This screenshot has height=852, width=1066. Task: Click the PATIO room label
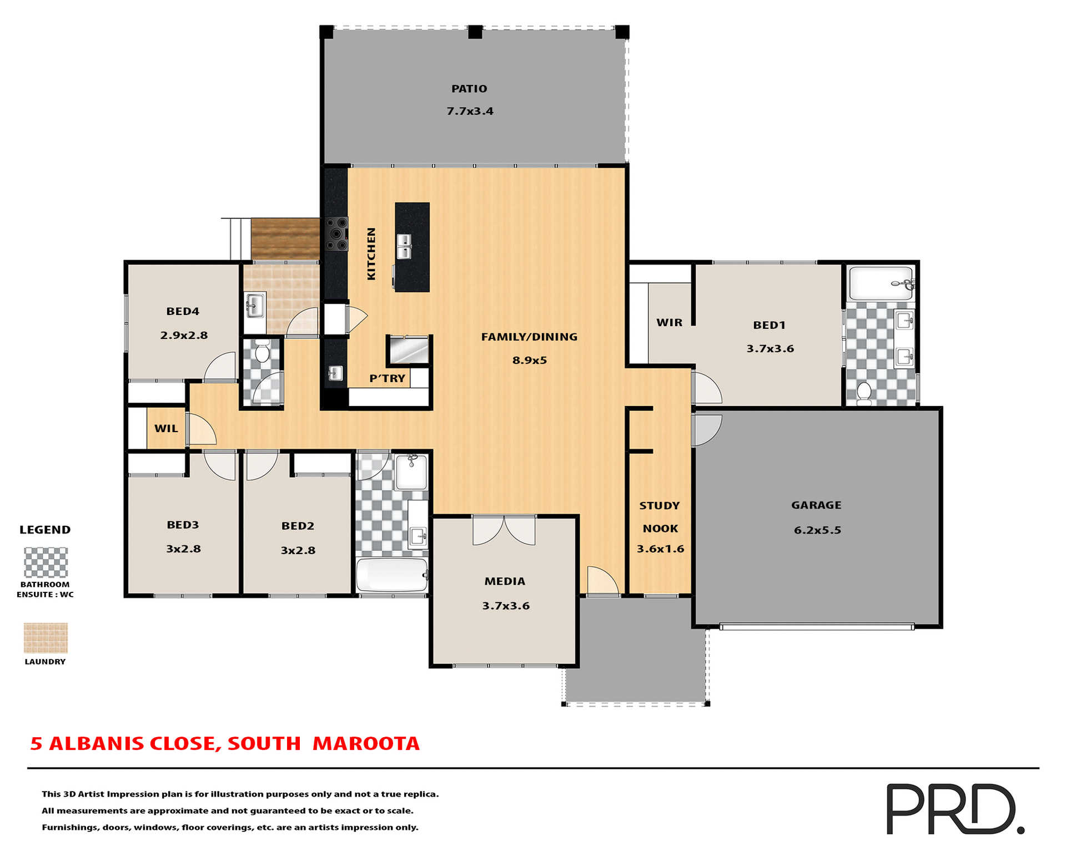[x=469, y=89]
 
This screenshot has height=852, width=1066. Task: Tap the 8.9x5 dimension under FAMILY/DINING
[x=529, y=361]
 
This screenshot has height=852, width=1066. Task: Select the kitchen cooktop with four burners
[x=336, y=234]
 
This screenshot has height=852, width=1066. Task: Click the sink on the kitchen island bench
[x=404, y=246]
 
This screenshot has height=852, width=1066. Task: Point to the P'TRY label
[x=387, y=378]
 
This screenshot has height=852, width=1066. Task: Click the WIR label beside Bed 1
[x=669, y=323]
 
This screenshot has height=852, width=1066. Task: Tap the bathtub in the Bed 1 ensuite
[x=880, y=283]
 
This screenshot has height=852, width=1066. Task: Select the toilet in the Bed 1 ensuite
[x=864, y=392]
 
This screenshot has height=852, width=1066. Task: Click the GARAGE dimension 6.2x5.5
[x=817, y=530]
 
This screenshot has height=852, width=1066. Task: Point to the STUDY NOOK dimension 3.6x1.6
[x=660, y=549]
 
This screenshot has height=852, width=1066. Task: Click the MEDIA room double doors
[x=504, y=531]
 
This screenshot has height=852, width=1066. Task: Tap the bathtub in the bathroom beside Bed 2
[x=391, y=575]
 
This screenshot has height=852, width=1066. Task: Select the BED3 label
[x=183, y=525]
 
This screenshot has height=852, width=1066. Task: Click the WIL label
[x=166, y=429]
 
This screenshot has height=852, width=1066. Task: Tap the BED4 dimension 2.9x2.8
[x=184, y=336]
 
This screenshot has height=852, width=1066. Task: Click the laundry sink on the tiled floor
[x=254, y=305]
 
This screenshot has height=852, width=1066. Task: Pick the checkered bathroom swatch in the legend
[x=46, y=562]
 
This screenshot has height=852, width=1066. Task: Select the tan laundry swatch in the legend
[x=46, y=638]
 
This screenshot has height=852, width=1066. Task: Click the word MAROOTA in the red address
[x=366, y=744]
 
